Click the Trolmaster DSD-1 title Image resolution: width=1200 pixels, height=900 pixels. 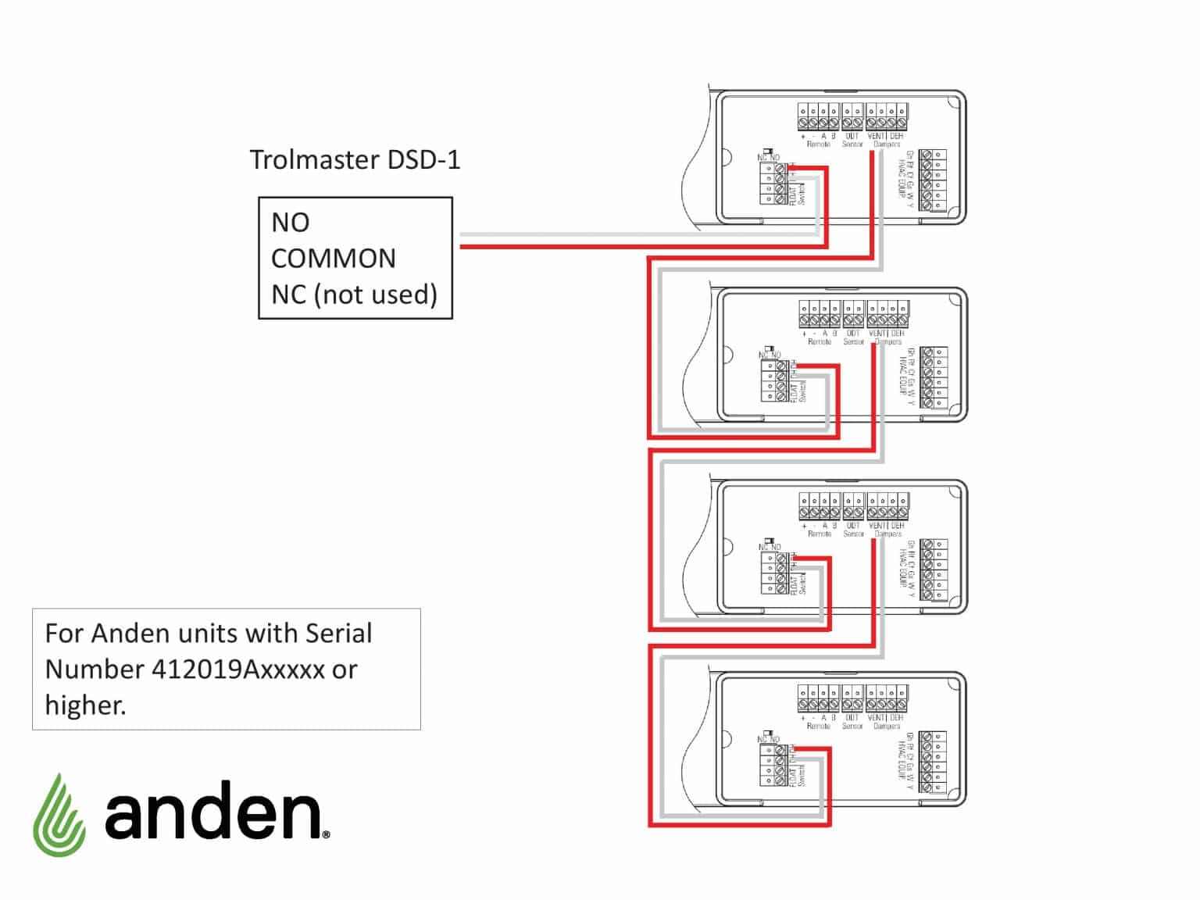(355, 160)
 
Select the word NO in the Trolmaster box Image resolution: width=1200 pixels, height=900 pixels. (290, 223)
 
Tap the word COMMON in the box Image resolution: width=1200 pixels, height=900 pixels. (333, 259)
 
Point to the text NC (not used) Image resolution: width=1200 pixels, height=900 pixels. (354, 295)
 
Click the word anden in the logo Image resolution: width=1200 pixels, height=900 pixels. (213, 810)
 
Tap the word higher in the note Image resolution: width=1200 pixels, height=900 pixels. (84, 705)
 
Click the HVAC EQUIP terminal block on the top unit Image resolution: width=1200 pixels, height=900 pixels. (933, 180)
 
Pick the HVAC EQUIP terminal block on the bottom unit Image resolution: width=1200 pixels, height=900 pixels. (933, 762)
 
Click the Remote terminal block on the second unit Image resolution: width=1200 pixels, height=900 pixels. (820, 315)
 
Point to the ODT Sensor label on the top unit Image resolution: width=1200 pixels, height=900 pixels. (852, 140)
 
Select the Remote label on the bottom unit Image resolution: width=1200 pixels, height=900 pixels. (818, 726)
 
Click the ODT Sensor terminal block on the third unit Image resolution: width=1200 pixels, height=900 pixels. (854, 506)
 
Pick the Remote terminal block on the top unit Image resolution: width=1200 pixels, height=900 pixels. (818, 117)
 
